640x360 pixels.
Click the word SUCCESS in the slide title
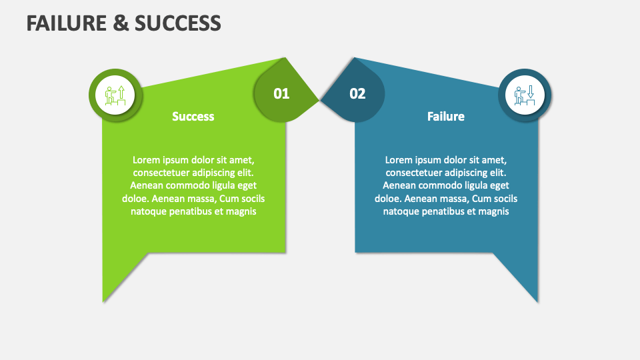tap(178, 23)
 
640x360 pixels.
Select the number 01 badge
tap(281, 93)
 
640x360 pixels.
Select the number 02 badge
tap(358, 93)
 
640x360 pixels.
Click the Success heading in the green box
tap(193, 116)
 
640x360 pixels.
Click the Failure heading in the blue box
tap(446, 116)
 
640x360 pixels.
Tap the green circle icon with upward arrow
tap(115, 95)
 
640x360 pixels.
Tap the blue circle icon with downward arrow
tap(525, 95)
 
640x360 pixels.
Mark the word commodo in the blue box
tap(437, 185)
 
